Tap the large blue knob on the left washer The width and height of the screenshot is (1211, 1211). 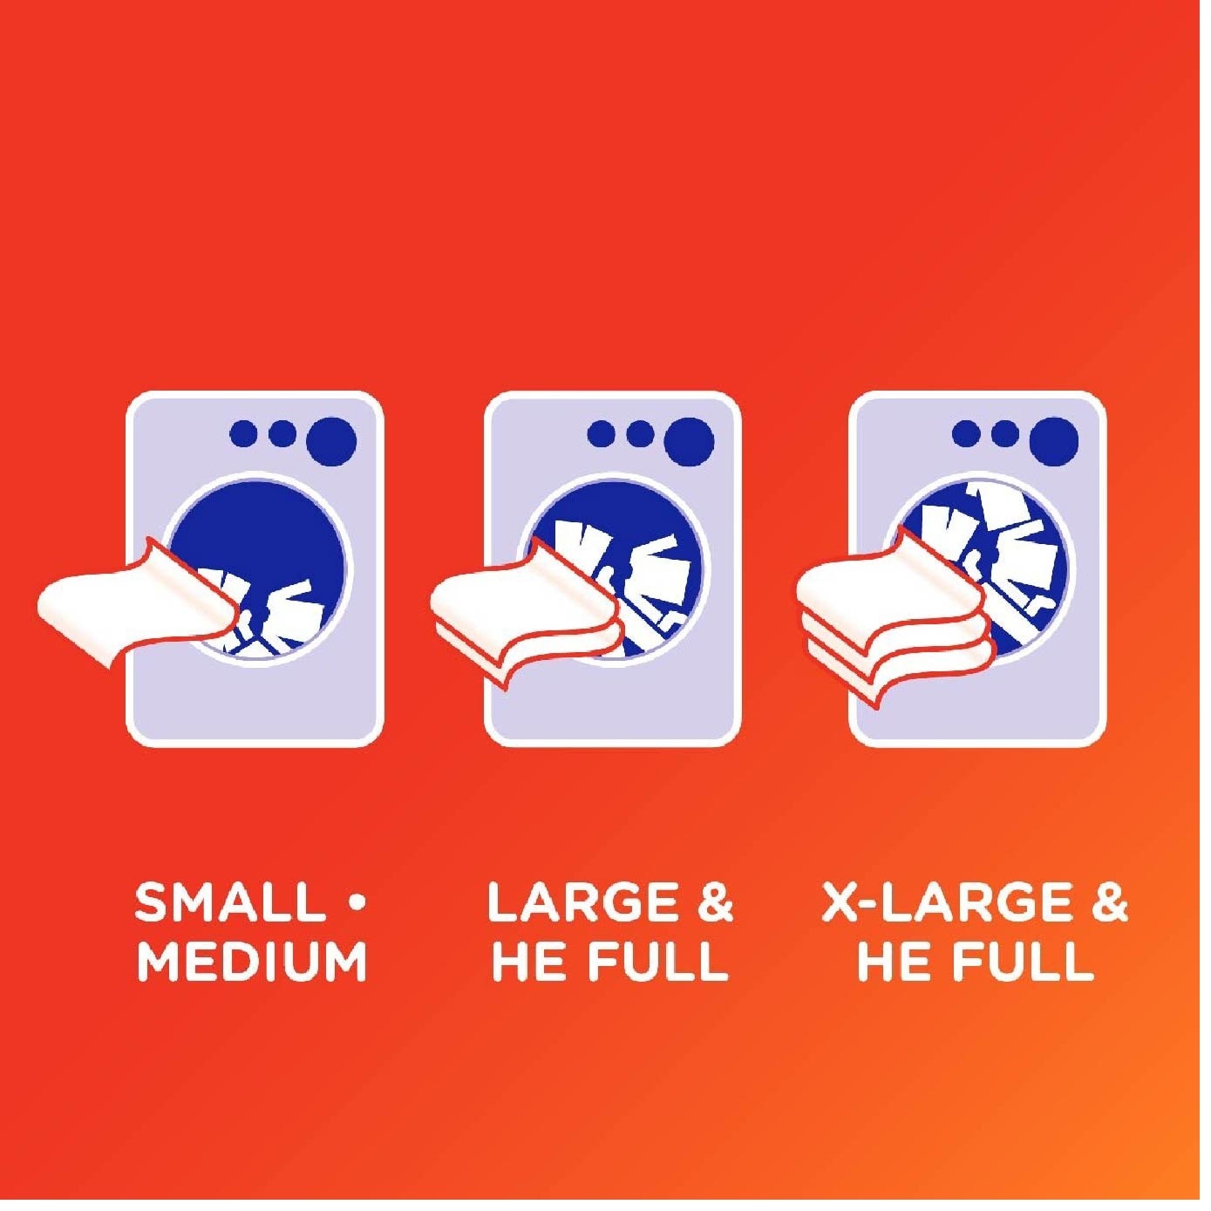tap(331, 441)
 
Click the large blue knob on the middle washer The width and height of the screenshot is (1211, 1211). tap(690, 441)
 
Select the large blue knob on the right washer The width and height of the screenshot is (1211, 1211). tap(1053, 441)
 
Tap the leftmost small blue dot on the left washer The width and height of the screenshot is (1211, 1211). tap(244, 433)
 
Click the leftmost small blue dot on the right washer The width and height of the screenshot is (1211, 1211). tap(966, 433)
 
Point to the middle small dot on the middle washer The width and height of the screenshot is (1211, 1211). tap(641, 433)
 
